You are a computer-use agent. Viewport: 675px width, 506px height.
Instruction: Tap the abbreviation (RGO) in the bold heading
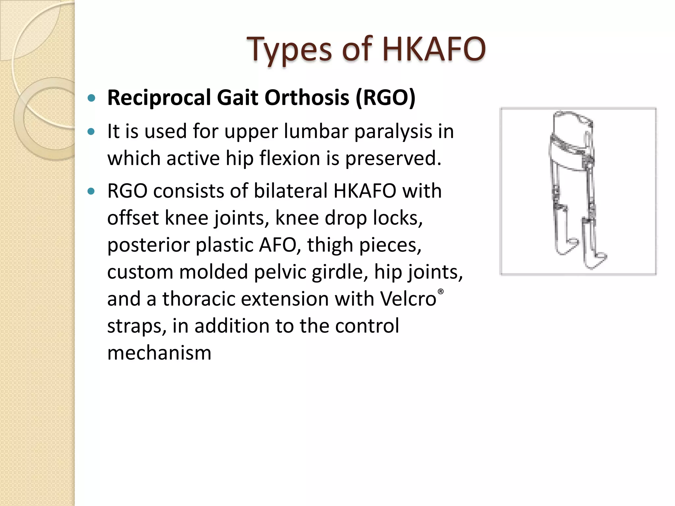point(385,98)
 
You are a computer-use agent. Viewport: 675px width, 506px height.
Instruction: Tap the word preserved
point(392,159)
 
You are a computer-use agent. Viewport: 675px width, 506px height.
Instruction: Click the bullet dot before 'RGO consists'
point(91,191)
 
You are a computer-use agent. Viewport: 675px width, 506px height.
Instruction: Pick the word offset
point(133,218)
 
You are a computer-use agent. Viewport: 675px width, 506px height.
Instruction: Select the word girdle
point(338,272)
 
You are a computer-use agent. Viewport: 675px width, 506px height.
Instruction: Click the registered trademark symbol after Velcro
point(441,292)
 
